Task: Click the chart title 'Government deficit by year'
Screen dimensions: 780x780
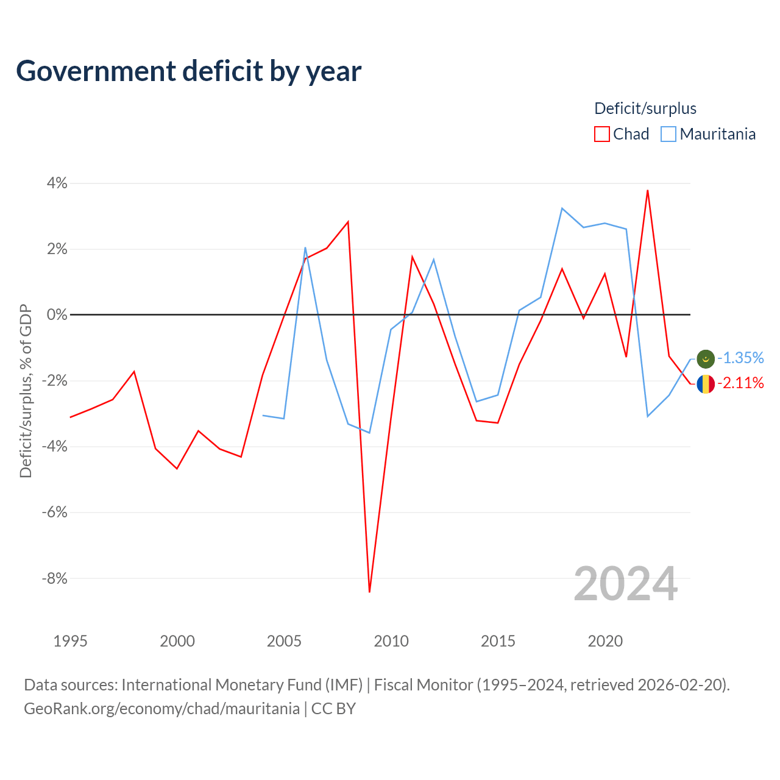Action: pyautogui.click(x=188, y=71)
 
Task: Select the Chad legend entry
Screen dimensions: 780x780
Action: pyautogui.click(x=622, y=134)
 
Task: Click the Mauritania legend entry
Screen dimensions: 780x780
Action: pyautogui.click(x=708, y=134)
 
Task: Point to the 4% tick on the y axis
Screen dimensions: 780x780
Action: pyautogui.click(x=57, y=183)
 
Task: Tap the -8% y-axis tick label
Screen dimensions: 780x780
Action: pyautogui.click(x=55, y=578)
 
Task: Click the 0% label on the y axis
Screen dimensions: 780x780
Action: pyautogui.click(x=57, y=314)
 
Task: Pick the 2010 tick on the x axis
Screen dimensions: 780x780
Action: pyautogui.click(x=391, y=641)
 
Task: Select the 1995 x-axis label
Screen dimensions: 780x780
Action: pyautogui.click(x=71, y=641)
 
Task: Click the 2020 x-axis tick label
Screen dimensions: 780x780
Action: pyautogui.click(x=605, y=641)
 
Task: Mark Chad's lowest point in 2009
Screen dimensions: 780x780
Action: pyautogui.click(x=369, y=592)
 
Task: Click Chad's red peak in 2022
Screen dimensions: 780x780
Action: pyautogui.click(x=648, y=190)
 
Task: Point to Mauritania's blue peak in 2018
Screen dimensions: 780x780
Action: pyautogui.click(x=562, y=208)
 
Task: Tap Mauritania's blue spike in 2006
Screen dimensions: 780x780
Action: pyautogui.click(x=305, y=247)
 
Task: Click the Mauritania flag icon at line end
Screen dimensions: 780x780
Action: pyautogui.click(x=706, y=359)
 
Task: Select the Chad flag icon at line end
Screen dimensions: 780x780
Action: pyautogui.click(x=706, y=384)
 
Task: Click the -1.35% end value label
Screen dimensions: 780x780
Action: pyautogui.click(x=741, y=358)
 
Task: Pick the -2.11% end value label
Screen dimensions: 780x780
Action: pyautogui.click(x=741, y=383)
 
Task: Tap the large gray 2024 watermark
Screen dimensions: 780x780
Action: pyautogui.click(x=626, y=584)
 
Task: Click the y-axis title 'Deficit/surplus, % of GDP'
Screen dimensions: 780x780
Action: pyautogui.click(x=26, y=391)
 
